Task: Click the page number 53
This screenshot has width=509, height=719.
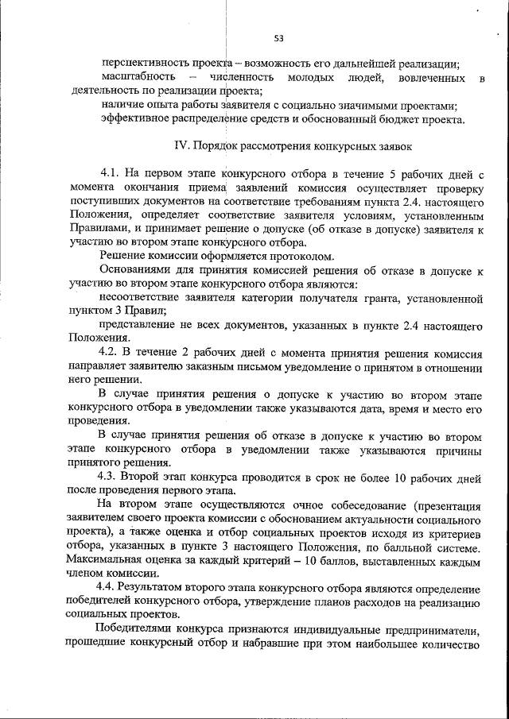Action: point(278,37)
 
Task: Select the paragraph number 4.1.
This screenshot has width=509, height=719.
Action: point(111,174)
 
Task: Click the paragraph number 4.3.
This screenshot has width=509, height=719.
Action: point(111,477)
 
